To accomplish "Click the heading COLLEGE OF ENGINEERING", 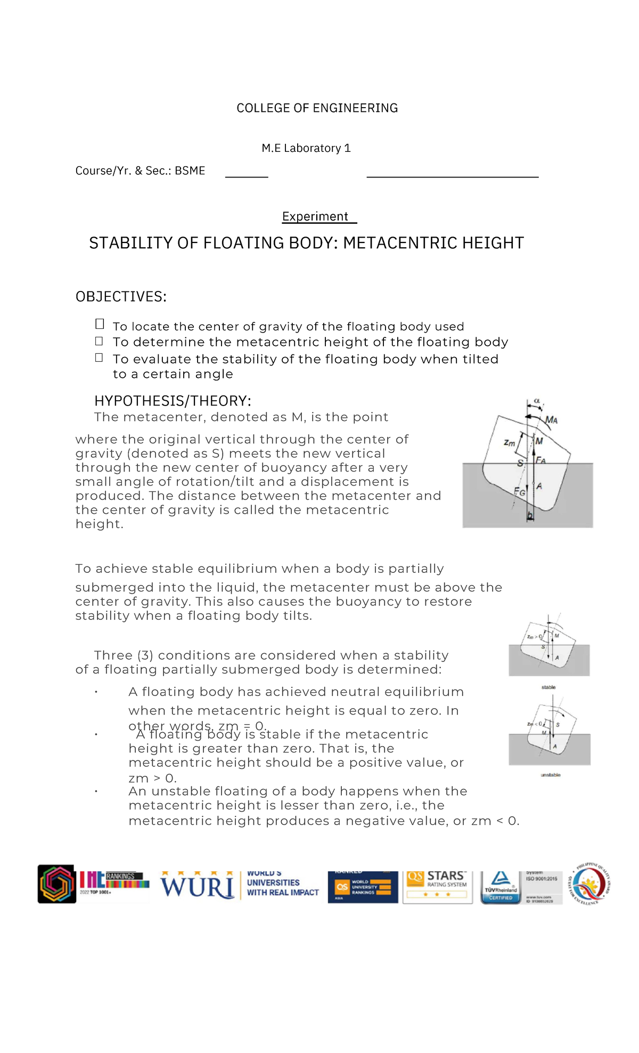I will pos(317,108).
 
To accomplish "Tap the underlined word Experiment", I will pos(315,216).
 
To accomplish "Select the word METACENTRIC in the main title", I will pos(400,243).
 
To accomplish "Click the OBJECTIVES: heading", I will pos(121,297).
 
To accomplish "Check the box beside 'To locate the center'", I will pos(100,324).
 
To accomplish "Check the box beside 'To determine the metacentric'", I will pos(99,341).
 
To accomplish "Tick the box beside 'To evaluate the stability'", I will pos(99,358).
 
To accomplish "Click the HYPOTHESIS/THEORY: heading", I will pos(173,401).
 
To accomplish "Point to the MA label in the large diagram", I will pos(552,420).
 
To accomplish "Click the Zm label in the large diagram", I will pos(510,442).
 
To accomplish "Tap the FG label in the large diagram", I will pos(519,492).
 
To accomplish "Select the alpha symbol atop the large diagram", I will pos(537,400).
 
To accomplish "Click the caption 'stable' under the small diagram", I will pos(548,687).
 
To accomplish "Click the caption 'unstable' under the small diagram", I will pos(550,775).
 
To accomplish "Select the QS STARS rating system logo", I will pos(437,886).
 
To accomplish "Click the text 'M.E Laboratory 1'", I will pos(306,148).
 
